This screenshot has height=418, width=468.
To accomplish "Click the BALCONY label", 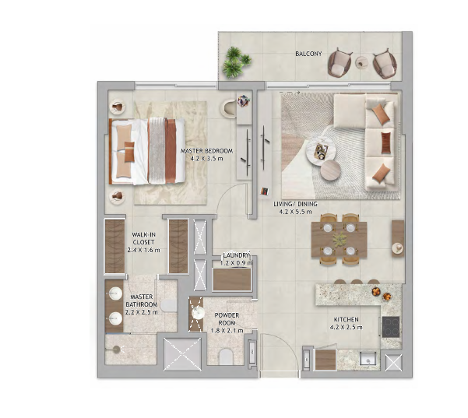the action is tap(308, 54).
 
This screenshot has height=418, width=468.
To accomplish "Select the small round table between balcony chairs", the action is tap(362, 62).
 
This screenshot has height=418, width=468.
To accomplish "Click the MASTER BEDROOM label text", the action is tap(206, 151).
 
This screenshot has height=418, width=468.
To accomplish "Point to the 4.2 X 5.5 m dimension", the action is tap(295, 212).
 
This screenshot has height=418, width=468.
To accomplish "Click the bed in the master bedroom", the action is tap(147, 151).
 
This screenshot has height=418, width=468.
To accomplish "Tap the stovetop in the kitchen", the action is tap(391, 327).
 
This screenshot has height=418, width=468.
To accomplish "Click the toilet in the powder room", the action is tap(226, 357).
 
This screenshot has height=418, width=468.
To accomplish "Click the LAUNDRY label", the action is tap(236, 255).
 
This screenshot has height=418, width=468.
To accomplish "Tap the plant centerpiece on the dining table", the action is tap(340, 239).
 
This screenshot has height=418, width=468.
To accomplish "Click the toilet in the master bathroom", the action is tap(169, 305).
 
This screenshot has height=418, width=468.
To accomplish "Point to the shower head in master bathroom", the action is tap(116, 349).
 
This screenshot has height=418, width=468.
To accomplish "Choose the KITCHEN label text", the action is tap(347, 320).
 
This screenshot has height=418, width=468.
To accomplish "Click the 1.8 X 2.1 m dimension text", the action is tap(227, 331).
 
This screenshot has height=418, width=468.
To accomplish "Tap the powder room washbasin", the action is tap(198, 313).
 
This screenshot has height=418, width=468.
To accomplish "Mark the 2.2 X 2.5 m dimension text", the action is tap(142, 312).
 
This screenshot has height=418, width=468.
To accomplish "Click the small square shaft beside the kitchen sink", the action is tap(393, 363).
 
